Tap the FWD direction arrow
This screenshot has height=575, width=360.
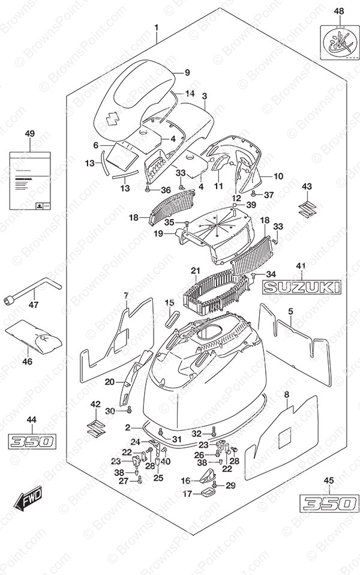(23, 499)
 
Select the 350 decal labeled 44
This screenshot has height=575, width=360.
(32, 442)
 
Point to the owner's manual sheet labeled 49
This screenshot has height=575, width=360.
(30, 181)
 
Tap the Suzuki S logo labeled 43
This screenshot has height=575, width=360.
(307, 211)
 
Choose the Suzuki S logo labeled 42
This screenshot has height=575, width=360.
(94, 428)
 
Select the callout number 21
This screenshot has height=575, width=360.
(195, 271)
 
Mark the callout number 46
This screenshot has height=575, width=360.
(28, 361)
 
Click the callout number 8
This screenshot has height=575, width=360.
(286, 394)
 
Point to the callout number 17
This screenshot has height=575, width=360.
(187, 495)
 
